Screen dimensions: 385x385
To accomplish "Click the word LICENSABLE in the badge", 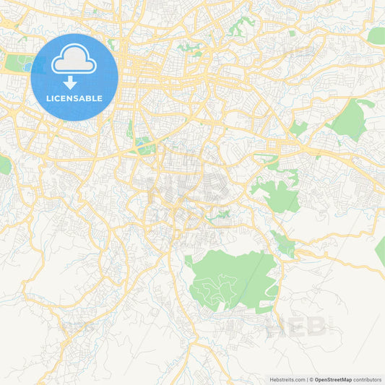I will tap(74, 98).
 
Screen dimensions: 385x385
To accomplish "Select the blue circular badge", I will tap(74, 77).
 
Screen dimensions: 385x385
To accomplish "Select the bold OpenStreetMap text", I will tap(333, 379).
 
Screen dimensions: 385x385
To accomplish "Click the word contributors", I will tap(368, 379).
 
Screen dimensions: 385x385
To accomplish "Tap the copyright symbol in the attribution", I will tap(311, 379).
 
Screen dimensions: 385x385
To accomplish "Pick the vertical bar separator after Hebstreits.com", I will tap(306, 379).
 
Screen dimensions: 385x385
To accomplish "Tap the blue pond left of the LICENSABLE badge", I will tap(27, 67).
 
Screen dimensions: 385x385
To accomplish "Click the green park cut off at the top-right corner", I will tap(376, 35).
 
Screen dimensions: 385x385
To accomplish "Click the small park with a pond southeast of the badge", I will tap(144, 144).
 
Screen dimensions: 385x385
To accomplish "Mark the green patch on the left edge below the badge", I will tap(4, 165).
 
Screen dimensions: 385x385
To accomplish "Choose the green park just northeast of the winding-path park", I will tap(284, 243).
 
